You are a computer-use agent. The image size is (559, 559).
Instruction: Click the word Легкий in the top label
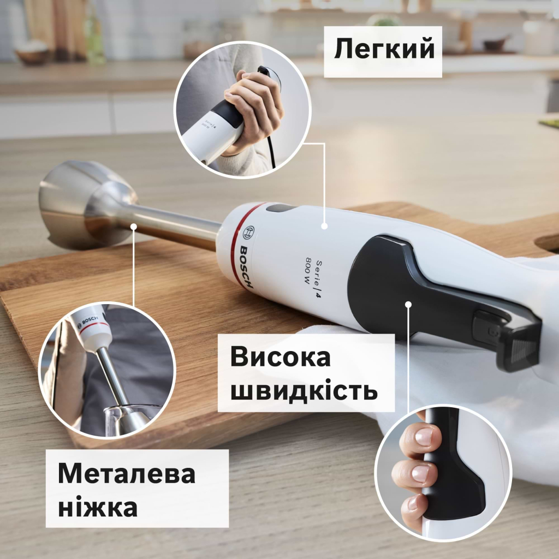[384, 50]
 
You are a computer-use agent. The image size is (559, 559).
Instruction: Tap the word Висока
[280, 358]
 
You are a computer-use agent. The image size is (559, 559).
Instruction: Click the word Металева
[126, 474]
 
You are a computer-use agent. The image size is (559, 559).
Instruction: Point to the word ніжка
[97, 507]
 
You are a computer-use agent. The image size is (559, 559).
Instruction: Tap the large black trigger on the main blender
[415, 295]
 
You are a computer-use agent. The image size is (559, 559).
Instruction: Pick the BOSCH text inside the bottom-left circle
[89, 318]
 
